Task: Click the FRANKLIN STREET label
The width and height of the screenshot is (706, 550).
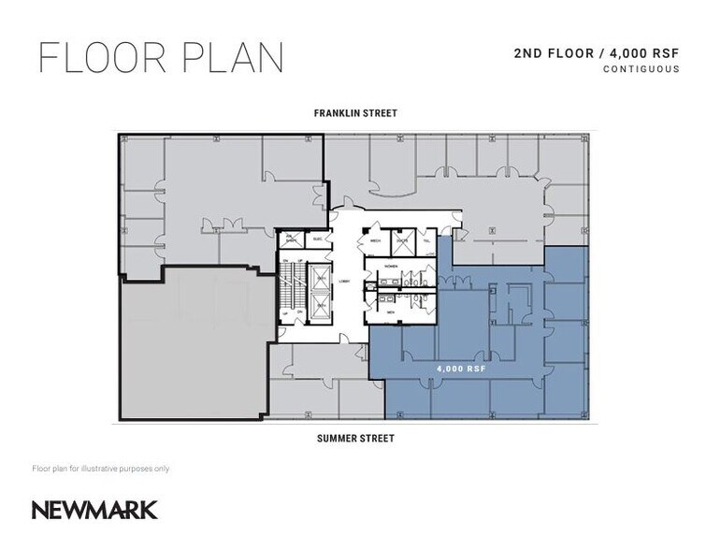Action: (x=354, y=113)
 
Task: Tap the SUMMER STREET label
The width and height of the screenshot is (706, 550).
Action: (x=354, y=438)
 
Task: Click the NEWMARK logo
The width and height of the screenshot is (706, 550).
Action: (x=94, y=510)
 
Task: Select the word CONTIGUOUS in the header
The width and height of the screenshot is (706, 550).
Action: (x=641, y=69)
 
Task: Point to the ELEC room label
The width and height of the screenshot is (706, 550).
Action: (x=316, y=239)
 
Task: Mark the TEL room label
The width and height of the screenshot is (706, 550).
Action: (x=427, y=239)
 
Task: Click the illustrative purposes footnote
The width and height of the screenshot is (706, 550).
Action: (x=100, y=468)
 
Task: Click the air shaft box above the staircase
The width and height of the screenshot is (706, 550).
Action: (x=291, y=239)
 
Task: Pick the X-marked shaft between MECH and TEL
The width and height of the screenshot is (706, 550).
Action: (x=402, y=239)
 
